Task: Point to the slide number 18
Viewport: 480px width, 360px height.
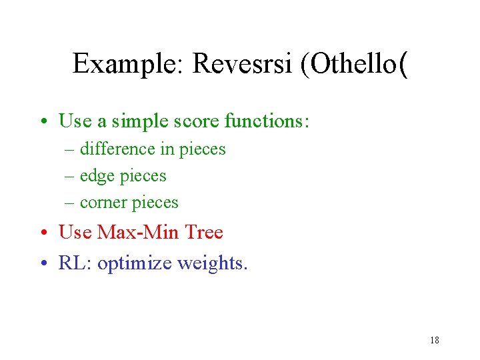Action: point(434,340)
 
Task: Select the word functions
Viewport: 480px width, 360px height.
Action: point(267,121)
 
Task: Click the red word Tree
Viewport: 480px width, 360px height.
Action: point(204,232)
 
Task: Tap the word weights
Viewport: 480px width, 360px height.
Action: point(212,263)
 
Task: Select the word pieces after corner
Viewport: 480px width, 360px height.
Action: point(156,203)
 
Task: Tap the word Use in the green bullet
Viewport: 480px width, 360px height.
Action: point(73,121)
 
